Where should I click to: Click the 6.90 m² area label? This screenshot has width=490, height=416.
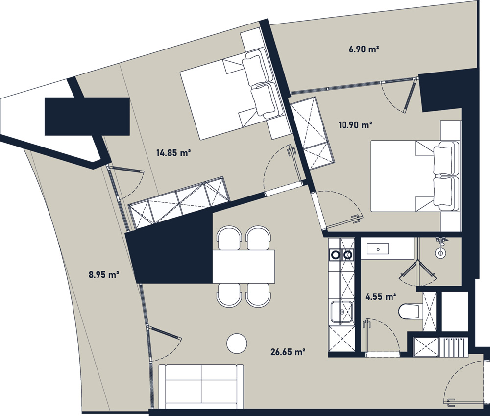(x=364, y=49)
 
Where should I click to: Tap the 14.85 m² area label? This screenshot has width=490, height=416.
(x=173, y=153)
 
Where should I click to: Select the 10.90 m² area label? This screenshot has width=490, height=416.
(x=355, y=125)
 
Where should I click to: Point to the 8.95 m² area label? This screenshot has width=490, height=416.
(x=104, y=275)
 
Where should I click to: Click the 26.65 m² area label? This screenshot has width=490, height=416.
(x=288, y=352)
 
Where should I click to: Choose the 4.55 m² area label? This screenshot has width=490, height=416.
(x=381, y=296)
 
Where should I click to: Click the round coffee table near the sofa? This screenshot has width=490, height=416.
(x=237, y=343)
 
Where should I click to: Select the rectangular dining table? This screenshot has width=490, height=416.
(x=244, y=266)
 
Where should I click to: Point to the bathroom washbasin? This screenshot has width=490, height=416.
(x=378, y=249)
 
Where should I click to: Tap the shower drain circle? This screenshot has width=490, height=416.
(x=441, y=252)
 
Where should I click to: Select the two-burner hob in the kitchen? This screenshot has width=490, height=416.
(x=342, y=255)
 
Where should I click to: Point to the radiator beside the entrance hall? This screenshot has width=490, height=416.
(x=453, y=346)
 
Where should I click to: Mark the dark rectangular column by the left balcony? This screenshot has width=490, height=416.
(x=87, y=116)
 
